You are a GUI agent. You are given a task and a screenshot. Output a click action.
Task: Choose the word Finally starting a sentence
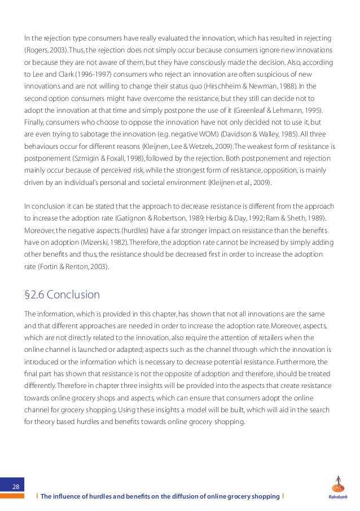(x=34, y=124)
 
